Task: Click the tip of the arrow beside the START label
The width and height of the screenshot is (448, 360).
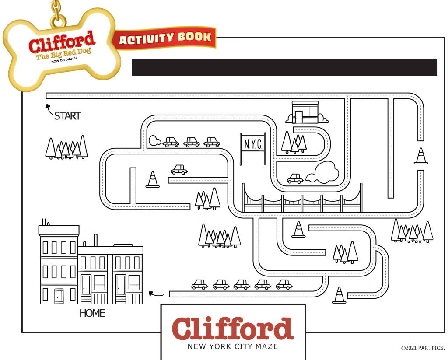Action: click(46, 105)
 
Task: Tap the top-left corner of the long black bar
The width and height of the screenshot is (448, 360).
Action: click(132, 59)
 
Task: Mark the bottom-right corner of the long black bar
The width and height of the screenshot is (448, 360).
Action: click(437, 76)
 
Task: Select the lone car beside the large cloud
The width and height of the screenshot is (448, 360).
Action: click(295, 178)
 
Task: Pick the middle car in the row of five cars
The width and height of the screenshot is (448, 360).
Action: click(241, 284)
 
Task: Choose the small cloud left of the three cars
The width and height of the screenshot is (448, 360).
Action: click(155, 140)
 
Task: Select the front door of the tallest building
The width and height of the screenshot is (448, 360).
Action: click(59, 296)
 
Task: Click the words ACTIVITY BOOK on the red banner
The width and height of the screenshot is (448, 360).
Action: click(165, 38)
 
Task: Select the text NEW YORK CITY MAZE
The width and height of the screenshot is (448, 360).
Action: click(233, 346)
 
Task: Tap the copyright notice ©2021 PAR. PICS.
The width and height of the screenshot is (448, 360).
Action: click(423, 348)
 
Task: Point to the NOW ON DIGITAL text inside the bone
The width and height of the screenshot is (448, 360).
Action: click(64, 60)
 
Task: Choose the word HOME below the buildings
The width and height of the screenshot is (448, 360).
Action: click(92, 314)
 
